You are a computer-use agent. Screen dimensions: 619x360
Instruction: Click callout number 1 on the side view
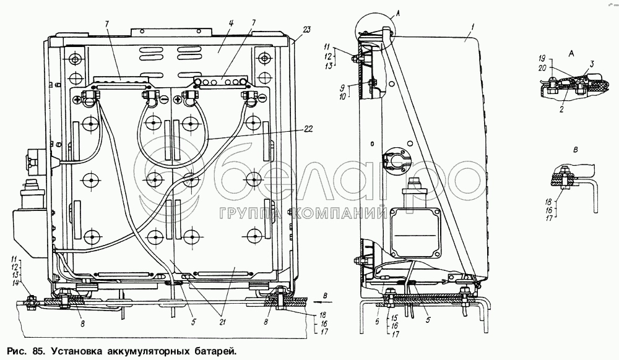pyautogui.click(x=472, y=27)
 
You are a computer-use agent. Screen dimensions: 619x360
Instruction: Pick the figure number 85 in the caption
pyautogui.click(x=38, y=351)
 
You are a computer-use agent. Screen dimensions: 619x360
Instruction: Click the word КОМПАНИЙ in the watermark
pyautogui.click(x=344, y=215)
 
